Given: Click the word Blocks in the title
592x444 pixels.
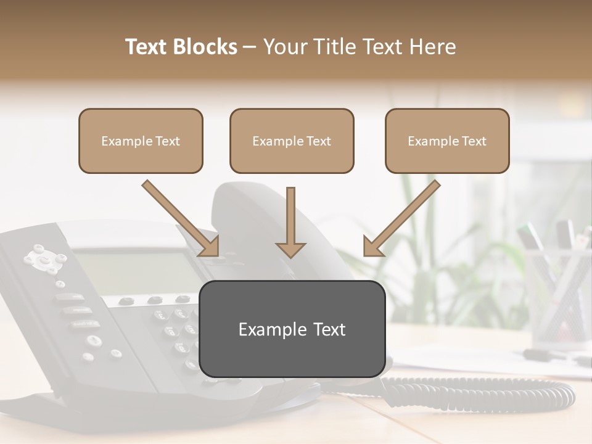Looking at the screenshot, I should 205,47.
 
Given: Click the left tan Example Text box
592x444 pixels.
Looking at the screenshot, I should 141,141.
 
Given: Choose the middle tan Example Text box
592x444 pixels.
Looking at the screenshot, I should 292,141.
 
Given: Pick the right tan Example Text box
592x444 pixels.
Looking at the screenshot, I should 447,141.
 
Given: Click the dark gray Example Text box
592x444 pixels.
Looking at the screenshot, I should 292,329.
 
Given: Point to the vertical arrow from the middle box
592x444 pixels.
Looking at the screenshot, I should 290,222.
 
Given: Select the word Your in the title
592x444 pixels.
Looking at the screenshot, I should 285,47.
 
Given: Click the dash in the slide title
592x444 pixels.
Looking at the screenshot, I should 250,47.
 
